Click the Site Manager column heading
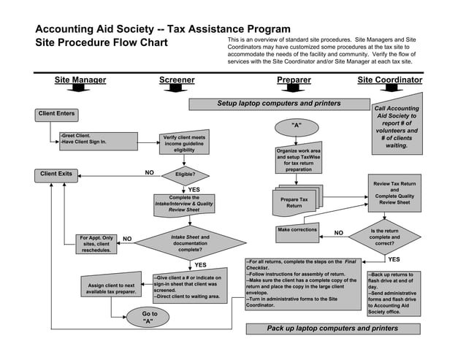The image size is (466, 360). [x=80, y=80]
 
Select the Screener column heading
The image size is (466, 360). [x=177, y=80]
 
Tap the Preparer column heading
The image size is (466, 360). [x=294, y=80]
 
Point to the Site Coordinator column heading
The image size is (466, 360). [x=389, y=80]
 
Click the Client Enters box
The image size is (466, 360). [x=56, y=114]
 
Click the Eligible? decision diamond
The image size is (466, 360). [x=185, y=175]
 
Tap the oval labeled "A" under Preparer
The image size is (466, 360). [x=296, y=126]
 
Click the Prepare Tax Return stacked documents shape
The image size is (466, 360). [x=294, y=202]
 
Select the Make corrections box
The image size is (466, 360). [x=297, y=230]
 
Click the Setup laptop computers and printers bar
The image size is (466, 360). [x=278, y=104]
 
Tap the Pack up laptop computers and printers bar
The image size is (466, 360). [x=332, y=329]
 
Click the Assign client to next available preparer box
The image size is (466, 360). [x=111, y=288]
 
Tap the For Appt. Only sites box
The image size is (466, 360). [x=96, y=243]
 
